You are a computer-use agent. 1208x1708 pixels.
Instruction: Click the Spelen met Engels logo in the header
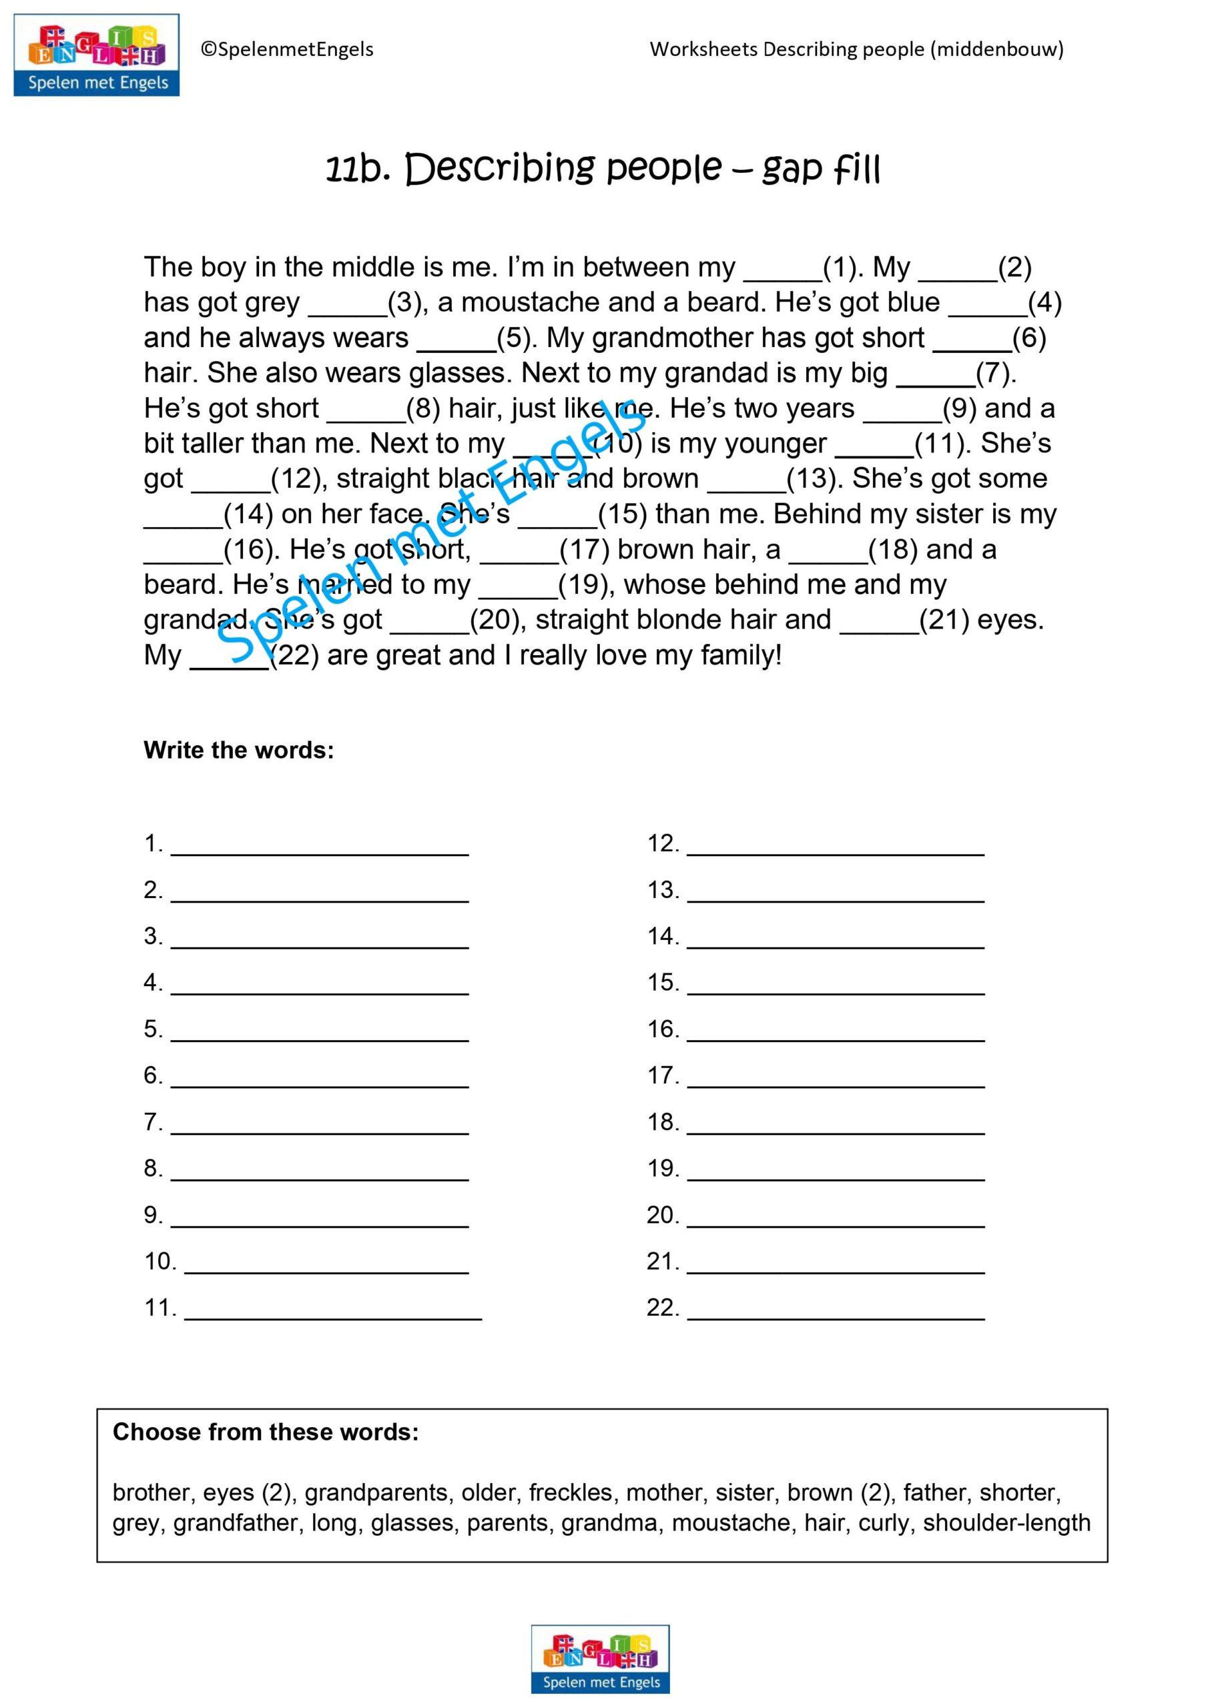[97, 55]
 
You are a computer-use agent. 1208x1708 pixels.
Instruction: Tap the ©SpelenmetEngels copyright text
[286, 50]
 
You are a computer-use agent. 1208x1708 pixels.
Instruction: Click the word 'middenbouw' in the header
[996, 49]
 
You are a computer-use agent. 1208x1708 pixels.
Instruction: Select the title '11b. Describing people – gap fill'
[603, 169]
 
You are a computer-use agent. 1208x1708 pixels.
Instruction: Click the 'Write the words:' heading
[239, 750]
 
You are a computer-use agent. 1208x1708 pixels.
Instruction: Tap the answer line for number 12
[835, 848]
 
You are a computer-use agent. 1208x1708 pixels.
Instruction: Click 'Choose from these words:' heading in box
[266, 1432]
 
